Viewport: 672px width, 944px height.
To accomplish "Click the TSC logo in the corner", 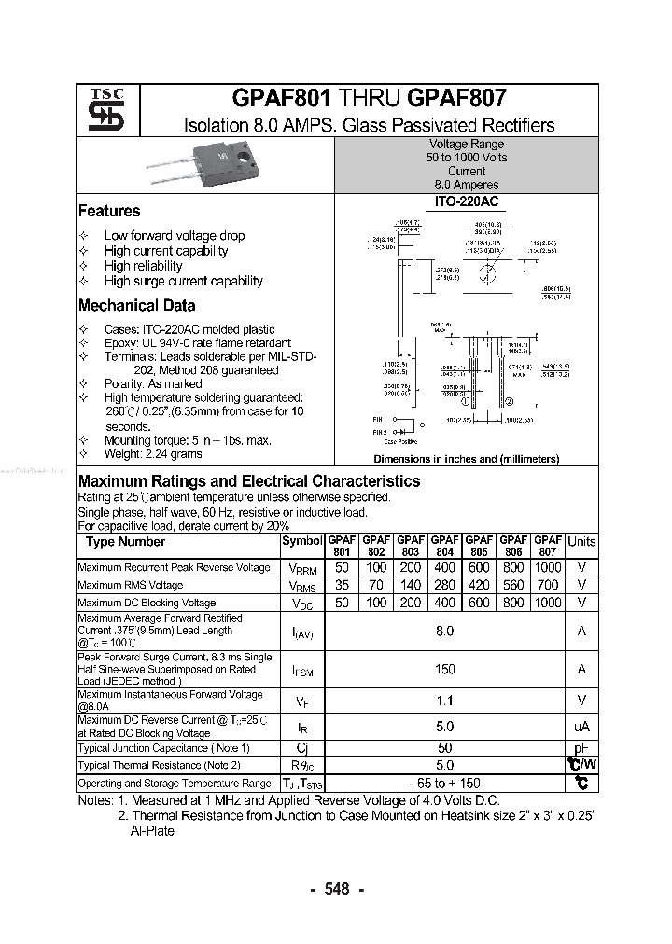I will pos(99,111).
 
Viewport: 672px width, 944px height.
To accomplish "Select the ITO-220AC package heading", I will pos(466,201).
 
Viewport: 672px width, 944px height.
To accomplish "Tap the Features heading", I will pos(109,212).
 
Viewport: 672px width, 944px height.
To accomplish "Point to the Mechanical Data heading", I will pos(137,306).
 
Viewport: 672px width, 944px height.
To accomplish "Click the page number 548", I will pos(337,889).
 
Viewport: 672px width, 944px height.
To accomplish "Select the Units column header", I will pos(581,542).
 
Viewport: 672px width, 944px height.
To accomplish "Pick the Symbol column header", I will pos(301,542).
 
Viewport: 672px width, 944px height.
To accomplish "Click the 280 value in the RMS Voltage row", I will pos(444,586).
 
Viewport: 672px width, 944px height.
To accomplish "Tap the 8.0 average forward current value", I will pos(444,632).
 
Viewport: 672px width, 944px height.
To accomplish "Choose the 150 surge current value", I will pos(444,669).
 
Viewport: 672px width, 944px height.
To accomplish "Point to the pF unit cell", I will pos(581,748).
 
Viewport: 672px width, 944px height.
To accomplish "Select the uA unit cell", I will pos(581,727).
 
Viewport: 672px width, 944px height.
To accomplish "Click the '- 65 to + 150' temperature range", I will pos(444,784).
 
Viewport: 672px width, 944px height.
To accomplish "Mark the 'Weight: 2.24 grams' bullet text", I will pos(153,454).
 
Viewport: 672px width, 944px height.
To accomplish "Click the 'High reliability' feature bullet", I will pos(143,266).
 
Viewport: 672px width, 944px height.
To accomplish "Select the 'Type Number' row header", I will pos(125,542).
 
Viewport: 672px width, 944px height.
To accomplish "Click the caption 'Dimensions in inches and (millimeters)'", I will pos(466,459).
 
